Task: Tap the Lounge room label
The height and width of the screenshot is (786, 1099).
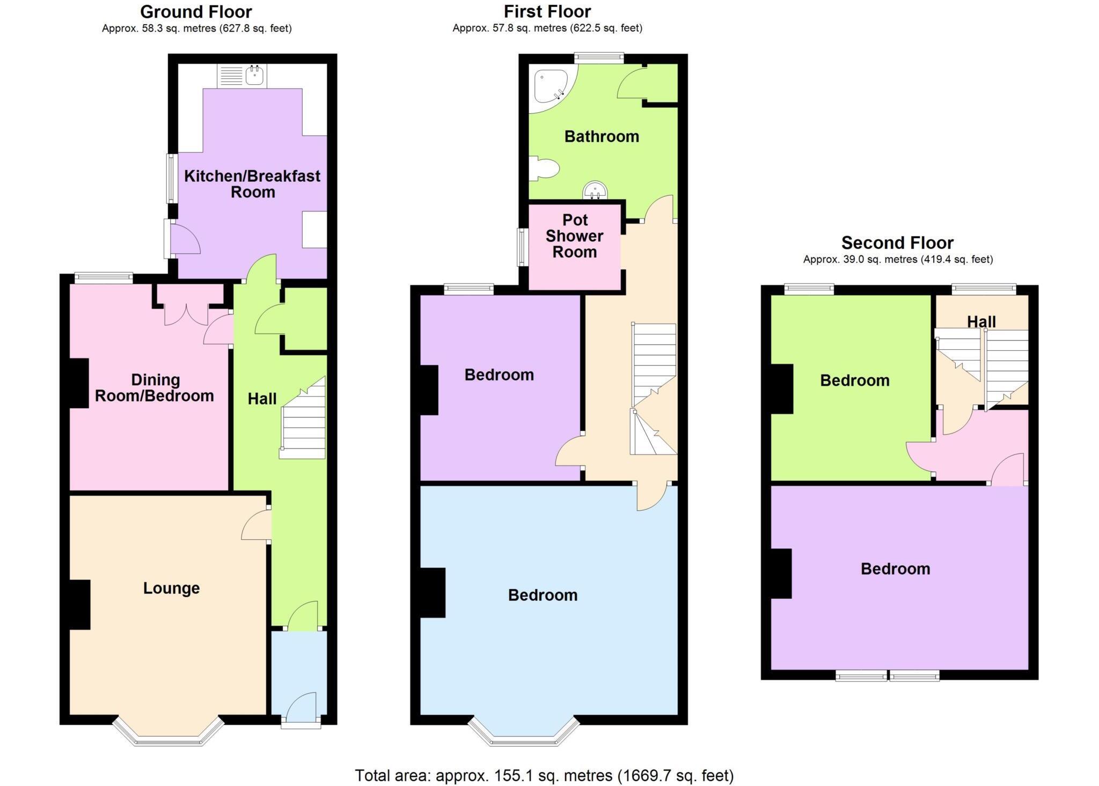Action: pyautogui.click(x=171, y=588)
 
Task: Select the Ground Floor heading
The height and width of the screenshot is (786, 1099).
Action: pyautogui.click(x=196, y=11)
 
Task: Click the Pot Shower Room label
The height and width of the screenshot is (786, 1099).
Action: pyautogui.click(x=574, y=236)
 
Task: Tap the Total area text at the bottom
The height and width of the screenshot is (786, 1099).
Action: pyautogui.click(x=544, y=775)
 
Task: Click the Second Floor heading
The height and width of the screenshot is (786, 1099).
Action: pyautogui.click(x=897, y=243)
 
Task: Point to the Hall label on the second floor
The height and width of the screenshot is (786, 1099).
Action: pyautogui.click(x=981, y=321)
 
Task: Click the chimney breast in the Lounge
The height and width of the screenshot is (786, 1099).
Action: pyautogui.click(x=79, y=604)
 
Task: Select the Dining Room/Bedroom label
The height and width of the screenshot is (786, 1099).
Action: pyautogui.click(x=155, y=388)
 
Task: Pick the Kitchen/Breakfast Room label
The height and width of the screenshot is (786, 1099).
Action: pyautogui.click(x=252, y=184)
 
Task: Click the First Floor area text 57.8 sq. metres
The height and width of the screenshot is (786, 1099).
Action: pyautogui.click(x=547, y=28)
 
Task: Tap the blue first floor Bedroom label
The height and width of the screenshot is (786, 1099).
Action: pyautogui.click(x=543, y=595)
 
